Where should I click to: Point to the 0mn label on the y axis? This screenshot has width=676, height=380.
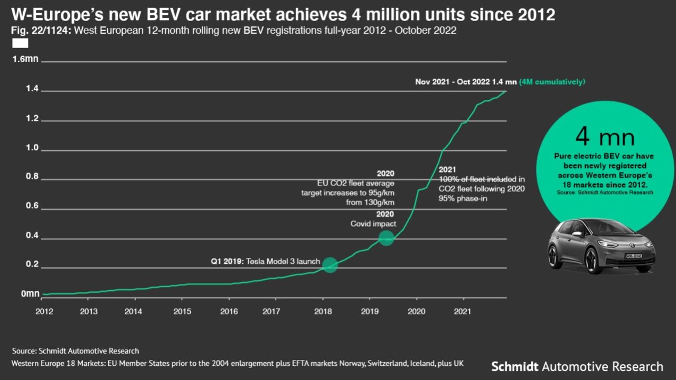point(30,293)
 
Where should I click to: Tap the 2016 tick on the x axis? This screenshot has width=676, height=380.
point(229,311)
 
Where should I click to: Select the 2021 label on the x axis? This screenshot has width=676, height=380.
point(463,311)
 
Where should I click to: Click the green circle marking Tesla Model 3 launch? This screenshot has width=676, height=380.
point(330,265)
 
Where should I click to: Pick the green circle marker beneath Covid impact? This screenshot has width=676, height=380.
point(387,238)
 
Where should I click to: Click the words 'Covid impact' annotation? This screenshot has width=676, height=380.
point(373,224)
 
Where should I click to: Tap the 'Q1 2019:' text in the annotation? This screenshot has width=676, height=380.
point(225,261)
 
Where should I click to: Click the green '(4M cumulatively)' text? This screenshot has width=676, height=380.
point(552,82)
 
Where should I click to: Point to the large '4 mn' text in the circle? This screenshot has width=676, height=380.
point(605,137)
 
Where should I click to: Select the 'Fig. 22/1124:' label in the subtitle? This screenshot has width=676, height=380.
point(41,31)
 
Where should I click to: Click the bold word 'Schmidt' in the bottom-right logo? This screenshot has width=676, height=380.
point(515,366)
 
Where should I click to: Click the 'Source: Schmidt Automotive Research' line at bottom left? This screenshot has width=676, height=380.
point(76,350)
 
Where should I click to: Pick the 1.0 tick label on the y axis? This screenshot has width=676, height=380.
point(32,148)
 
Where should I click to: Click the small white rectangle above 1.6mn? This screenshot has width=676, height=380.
point(20,43)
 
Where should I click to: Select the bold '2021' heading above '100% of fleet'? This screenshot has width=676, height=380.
point(447,169)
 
